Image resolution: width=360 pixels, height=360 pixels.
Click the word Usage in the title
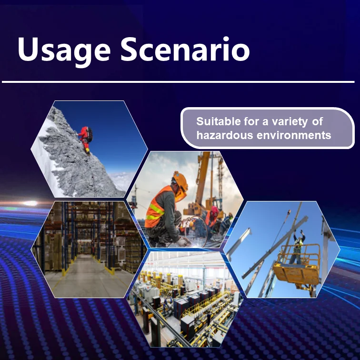point(64,50)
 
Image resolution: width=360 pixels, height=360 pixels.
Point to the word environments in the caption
point(294,135)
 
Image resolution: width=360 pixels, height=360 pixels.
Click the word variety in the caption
point(290,122)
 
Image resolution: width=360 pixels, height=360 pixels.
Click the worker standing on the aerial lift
point(298,246)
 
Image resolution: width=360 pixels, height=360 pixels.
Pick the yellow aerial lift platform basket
point(298,267)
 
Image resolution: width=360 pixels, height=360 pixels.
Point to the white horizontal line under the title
point(178,82)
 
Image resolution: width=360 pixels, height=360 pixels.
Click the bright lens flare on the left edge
point(30,203)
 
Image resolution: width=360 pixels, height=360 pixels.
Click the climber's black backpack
point(90,135)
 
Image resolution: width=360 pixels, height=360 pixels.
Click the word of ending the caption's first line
point(318,121)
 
